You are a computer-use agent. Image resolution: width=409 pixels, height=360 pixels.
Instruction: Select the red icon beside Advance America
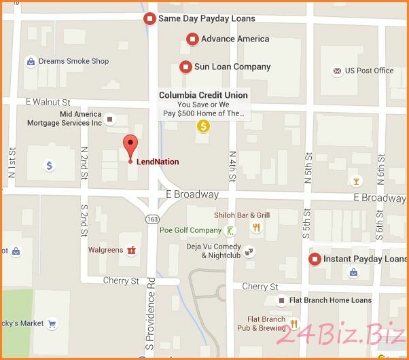pyautogui.click(x=192, y=39)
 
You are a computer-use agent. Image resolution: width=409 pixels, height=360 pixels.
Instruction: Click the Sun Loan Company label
pyautogui.click(x=232, y=67)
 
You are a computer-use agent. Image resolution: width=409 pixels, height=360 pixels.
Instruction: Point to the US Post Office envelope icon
pyautogui.click(x=336, y=71)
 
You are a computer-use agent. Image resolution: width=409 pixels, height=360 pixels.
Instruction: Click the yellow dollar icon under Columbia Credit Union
pyautogui.click(x=202, y=126)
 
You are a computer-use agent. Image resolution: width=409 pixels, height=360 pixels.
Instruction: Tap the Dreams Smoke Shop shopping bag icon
pyautogui.click(x=31, y=62)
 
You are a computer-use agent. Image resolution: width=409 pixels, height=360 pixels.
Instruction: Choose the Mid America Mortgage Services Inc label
pyautogui.click(x=64, y=119)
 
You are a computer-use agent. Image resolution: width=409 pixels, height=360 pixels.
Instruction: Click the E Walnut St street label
pyautogui.click(x=48, y=102)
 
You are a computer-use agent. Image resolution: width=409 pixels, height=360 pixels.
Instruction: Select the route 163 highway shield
pyautogui.click(x=152, y=219)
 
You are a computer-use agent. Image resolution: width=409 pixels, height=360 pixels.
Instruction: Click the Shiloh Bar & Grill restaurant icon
pyautogui.click(x=256, y=228)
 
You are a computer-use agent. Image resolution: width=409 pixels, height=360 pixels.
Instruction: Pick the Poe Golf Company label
pyautogui.click(x=190, y=230)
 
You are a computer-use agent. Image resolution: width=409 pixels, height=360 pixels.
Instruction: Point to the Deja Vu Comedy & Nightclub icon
pyautogui.click(x=249, y=251)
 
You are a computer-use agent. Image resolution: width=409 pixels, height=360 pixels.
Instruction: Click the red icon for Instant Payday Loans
pyautogui.click(x=315, y=259)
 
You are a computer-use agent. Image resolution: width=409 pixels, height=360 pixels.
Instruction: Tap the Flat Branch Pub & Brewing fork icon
pyautogui.click(x=294, y=323)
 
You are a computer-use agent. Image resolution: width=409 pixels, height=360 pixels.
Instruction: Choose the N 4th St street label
pyautogui.click(x=232, y=167)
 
